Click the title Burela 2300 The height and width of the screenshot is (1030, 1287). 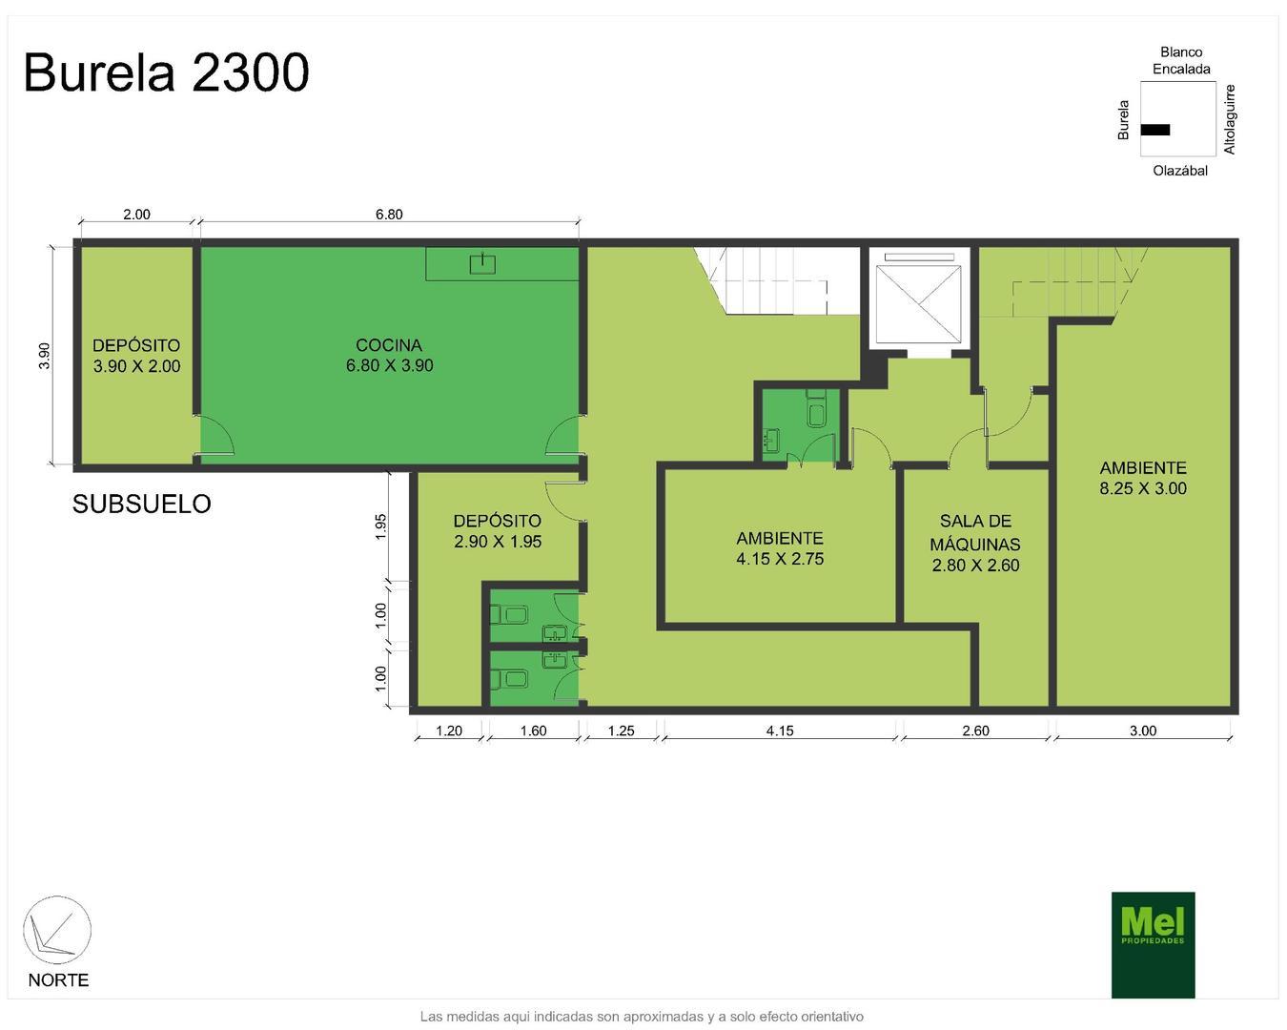click(x=166, y=72)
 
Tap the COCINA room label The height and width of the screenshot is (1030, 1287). click(x=389, y=355)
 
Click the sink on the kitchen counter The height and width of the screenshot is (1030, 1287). click(x=482, y=263)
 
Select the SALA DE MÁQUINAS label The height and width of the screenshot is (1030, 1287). click(x=975, y=543)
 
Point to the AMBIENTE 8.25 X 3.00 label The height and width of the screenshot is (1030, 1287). click(x=1142, y=478)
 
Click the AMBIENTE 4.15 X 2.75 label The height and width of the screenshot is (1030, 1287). click(x=779, y=548)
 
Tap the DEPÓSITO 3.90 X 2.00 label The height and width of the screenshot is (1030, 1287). click(x=136, y=356)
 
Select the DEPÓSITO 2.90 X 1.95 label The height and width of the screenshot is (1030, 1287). click(x=497, y=530)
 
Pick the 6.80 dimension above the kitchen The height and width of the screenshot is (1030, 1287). click(x=389, y=215)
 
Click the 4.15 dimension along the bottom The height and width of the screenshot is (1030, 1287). click(x=779, y=731)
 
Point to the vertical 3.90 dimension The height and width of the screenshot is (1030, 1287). click(x=44, y=355)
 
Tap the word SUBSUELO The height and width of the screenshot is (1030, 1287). click(x=141, y=504)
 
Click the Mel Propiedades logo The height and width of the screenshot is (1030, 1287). click(x=1153, y=944)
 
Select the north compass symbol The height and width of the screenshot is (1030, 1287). click(x=56, y=931)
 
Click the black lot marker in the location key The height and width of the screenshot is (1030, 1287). click(x=1155, y=130)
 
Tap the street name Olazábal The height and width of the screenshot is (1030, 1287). click(x=1179, y=171)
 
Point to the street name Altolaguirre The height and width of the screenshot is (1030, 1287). click(x=1230, y=119)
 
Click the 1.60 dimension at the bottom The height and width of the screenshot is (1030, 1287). click(x=533, y=731)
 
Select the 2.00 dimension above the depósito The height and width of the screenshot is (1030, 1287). click(x=136, y=215)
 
